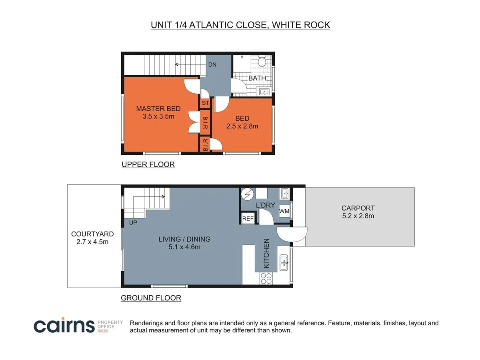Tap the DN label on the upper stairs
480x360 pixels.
pos(212,64)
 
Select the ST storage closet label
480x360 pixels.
pos(206,103)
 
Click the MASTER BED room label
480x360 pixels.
pos(158,108)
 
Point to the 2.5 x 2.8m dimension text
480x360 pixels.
pos(242,126)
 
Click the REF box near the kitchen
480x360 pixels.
pos(248,219)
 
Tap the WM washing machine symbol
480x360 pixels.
pos(284,211)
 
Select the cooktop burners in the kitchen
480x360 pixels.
pos(266,278)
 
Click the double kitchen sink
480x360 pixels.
pos(284,262)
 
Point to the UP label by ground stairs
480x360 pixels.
pos(133,222)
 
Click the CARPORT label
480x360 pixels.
pos(358,208)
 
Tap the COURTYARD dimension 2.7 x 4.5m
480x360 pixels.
pos(92,242)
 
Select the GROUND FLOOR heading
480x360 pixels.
pos(151,298)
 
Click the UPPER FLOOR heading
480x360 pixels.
pos(148,164)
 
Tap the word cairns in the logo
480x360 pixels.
pos(64,326)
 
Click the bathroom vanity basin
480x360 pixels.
pos(264,92)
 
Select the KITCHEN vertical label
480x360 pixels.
pos(266,253)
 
